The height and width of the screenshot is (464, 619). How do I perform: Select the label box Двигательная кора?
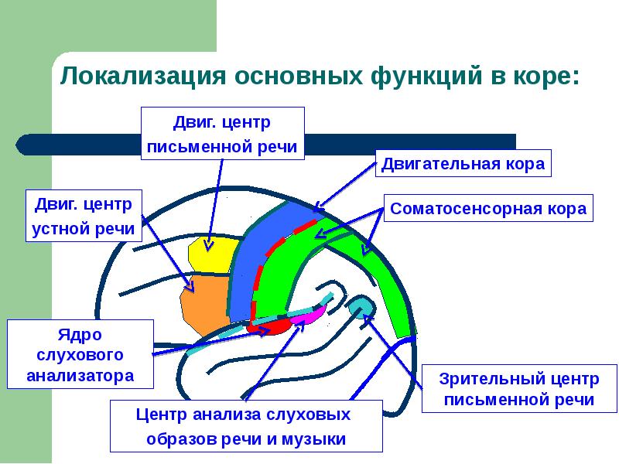tap(463, 164)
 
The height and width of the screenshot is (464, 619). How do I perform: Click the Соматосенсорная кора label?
tap(488, 209)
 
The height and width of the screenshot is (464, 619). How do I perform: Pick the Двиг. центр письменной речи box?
tap(222, 134)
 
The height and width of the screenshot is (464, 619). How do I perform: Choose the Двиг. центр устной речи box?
tap(84, 217)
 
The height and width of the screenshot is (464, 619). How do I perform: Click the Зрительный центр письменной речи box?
tap(518, 390)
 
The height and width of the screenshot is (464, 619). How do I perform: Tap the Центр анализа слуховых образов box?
tap(247, 426)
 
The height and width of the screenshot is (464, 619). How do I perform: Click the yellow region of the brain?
tap(210, 254)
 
